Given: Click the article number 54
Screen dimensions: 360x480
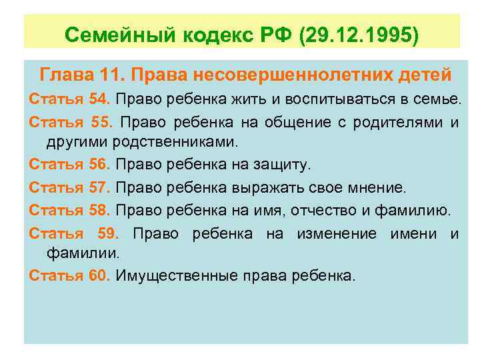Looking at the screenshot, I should click(99, 99).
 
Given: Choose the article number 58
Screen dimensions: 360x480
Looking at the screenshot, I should click(99, 211).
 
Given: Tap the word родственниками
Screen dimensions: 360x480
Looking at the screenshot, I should click(175, 141).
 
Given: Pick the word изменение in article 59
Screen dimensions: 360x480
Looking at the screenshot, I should click(343, 233).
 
